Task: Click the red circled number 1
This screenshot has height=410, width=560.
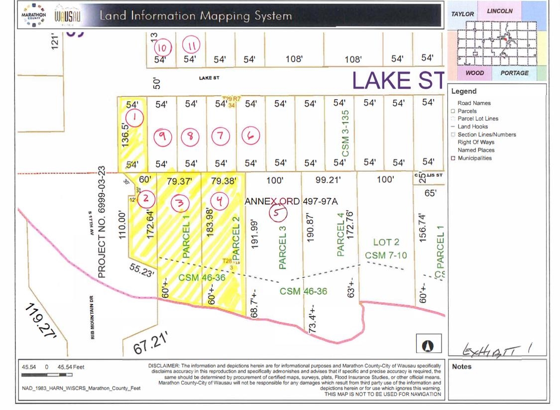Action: (135, 118)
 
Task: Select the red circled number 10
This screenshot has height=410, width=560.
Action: (162, 48)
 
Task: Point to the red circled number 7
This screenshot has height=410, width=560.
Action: (221, 135)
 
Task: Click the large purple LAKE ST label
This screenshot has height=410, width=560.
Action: (397, 80)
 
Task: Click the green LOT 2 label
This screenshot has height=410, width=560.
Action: (386, 242)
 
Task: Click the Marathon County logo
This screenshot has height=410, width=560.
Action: (33, 15)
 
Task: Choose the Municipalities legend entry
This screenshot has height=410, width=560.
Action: (474, 158)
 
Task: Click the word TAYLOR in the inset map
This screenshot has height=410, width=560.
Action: (462, 14)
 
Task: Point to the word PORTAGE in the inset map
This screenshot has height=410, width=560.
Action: (514, 73)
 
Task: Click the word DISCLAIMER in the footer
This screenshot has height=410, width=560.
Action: (164, 366)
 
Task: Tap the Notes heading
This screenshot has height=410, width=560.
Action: (461, 367)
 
